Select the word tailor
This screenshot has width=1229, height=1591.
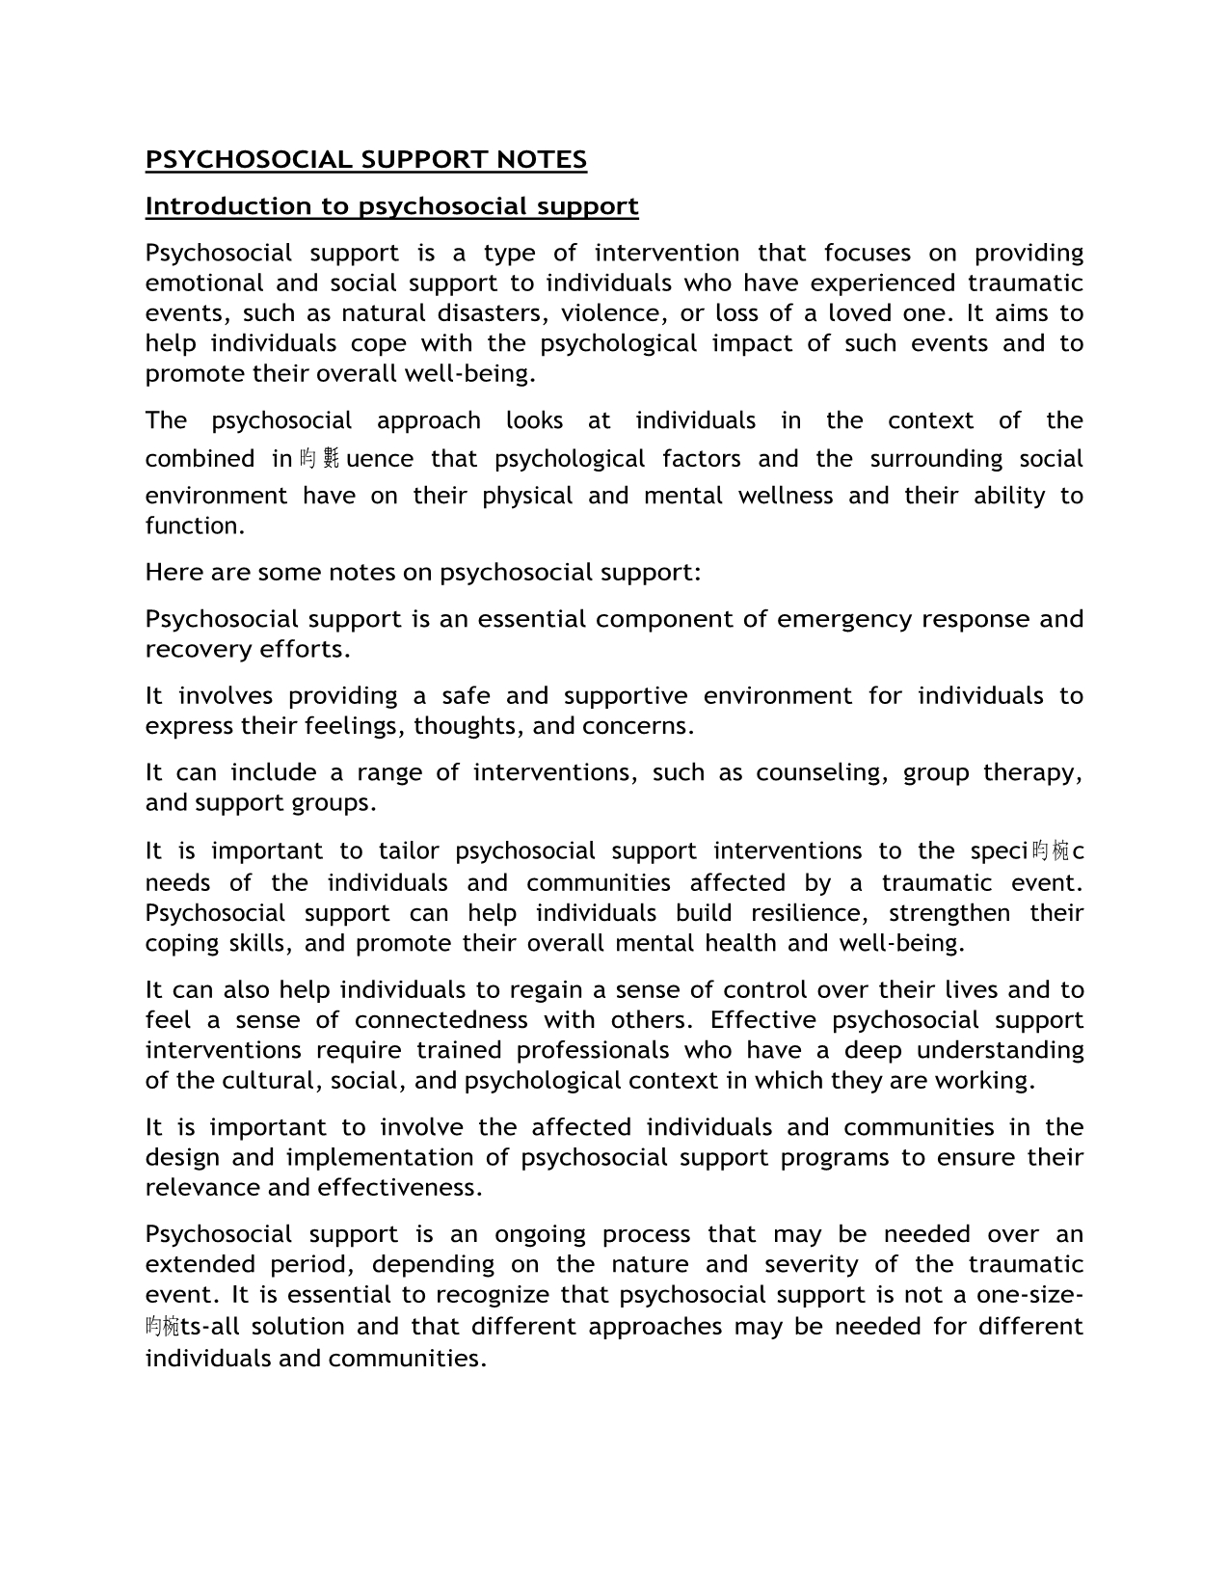(x=409, y=851)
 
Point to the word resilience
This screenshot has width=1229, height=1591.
(x=811, y=913)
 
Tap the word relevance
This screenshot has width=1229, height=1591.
(x=202, y=1187)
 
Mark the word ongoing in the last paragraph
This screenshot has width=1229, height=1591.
(x=540, y=1234)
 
